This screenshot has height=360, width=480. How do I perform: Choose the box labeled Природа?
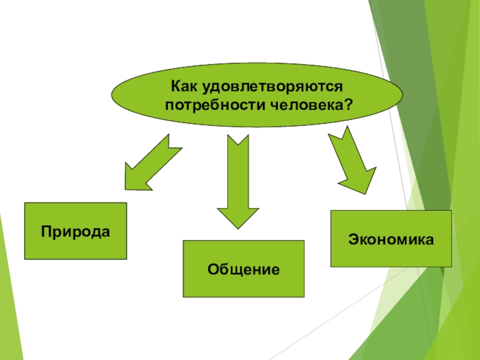[75, 231]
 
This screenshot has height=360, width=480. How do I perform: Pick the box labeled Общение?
[244, 269]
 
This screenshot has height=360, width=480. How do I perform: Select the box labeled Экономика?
[391, 239]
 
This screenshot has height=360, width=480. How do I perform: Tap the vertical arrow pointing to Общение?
[238, 180]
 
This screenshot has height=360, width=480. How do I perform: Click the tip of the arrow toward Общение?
[238, 227]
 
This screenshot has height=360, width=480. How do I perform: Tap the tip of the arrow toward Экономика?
[365, 193]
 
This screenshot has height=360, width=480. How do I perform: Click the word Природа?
[76, 232]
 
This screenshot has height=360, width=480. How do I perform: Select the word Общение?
[244, 269]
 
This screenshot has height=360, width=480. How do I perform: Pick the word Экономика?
[391, 239]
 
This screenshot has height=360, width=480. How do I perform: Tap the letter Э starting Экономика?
[352, 239]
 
